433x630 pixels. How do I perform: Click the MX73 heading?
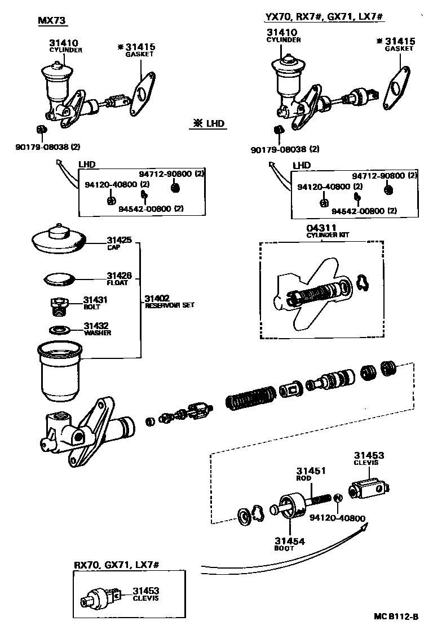[52, 21]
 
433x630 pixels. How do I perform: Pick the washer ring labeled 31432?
[59, 330]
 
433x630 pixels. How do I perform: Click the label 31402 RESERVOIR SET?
[169, 301]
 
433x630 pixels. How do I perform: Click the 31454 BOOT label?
[290, 544]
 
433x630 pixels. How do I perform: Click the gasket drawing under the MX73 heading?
[141, 92]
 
